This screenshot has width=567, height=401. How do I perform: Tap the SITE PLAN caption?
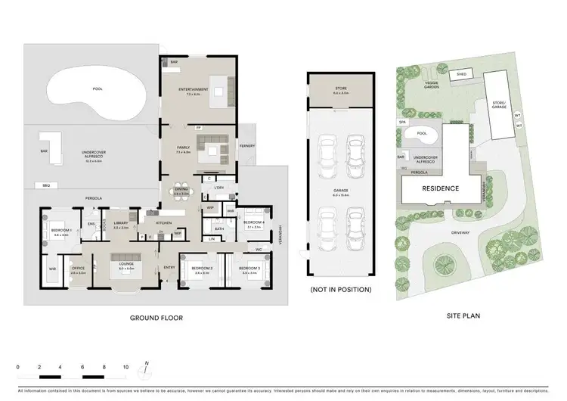460,314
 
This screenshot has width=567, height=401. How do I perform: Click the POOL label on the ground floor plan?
97,89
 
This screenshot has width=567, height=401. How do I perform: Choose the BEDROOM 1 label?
60,229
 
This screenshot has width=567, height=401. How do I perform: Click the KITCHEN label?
165,223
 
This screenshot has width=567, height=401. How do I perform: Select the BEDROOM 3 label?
249,269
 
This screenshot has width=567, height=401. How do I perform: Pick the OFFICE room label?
78,269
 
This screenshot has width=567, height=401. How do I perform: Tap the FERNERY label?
246,145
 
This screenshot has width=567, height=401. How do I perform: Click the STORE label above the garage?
341,89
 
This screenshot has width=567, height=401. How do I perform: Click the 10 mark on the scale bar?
125,367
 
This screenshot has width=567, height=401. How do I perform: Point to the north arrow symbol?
147,368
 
